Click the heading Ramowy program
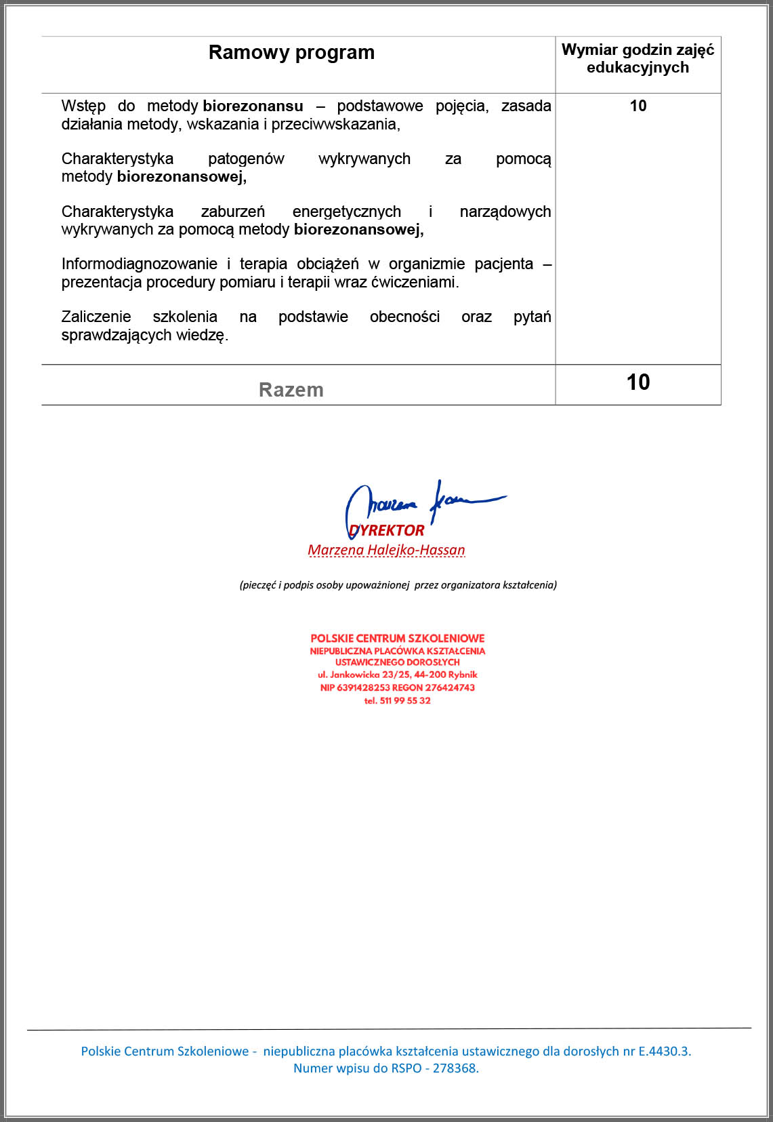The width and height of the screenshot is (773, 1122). coord(291,53)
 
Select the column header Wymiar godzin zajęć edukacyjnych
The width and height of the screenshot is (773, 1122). coord(638,59)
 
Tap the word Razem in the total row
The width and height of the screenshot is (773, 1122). coord(291,390)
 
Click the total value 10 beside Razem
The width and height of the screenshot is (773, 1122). coord(638,382)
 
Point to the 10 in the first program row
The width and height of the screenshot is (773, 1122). coord(638,106)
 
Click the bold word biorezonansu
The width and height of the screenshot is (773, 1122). coord(253,106)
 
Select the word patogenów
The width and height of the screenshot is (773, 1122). coord(246,159)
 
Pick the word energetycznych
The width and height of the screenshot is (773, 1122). coord(346,212)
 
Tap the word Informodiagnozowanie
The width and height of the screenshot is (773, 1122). coord(139,264)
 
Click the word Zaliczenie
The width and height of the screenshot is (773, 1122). coord(96,317)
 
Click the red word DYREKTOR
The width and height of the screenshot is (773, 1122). coord(388,530)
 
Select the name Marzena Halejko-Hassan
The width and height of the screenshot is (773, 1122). coord(386,550)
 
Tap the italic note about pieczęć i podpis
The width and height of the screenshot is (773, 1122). coord(398,585)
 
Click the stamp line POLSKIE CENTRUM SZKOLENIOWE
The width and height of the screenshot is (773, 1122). coord(398,639)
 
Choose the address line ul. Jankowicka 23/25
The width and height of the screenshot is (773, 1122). coord(398,675)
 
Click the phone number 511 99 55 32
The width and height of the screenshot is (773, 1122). coord(404,700)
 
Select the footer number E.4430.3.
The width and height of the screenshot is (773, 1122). coord(663,1051)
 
